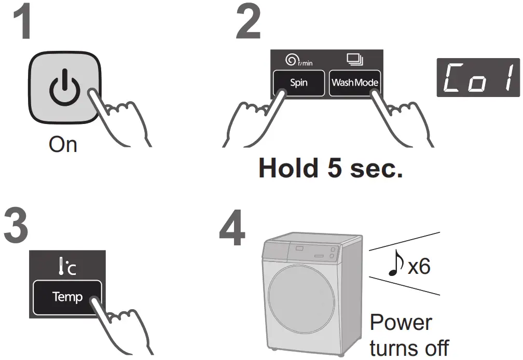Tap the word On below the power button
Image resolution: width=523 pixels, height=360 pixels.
coord(63,144)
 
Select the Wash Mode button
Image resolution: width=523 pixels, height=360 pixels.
coord(355,82)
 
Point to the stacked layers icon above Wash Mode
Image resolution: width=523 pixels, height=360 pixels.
coord(355,61)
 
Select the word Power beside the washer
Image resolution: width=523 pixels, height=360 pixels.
coord(400,322)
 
